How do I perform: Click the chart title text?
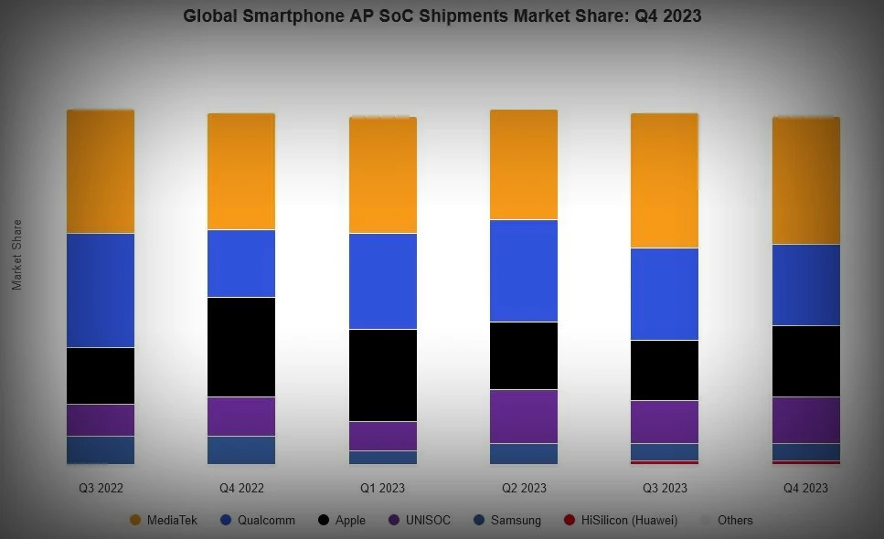point(442,16)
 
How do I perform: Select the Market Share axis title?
point(16,255)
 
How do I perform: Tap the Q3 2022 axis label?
point(101,488)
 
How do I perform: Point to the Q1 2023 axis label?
point(382,488)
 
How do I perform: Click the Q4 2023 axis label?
point(805,488)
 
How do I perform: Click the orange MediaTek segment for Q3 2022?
point(101,172)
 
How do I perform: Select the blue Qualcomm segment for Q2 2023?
point(524,270)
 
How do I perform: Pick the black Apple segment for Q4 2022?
point(241,346)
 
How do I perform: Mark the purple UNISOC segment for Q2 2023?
point(524,416)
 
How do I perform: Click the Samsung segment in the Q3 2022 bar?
point(101,449)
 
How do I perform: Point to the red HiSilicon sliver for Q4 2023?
point(805,462)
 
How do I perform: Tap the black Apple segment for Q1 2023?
point(382,375)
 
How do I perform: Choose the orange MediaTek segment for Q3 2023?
point(665,181)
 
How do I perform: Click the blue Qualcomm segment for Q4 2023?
point(805,284)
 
